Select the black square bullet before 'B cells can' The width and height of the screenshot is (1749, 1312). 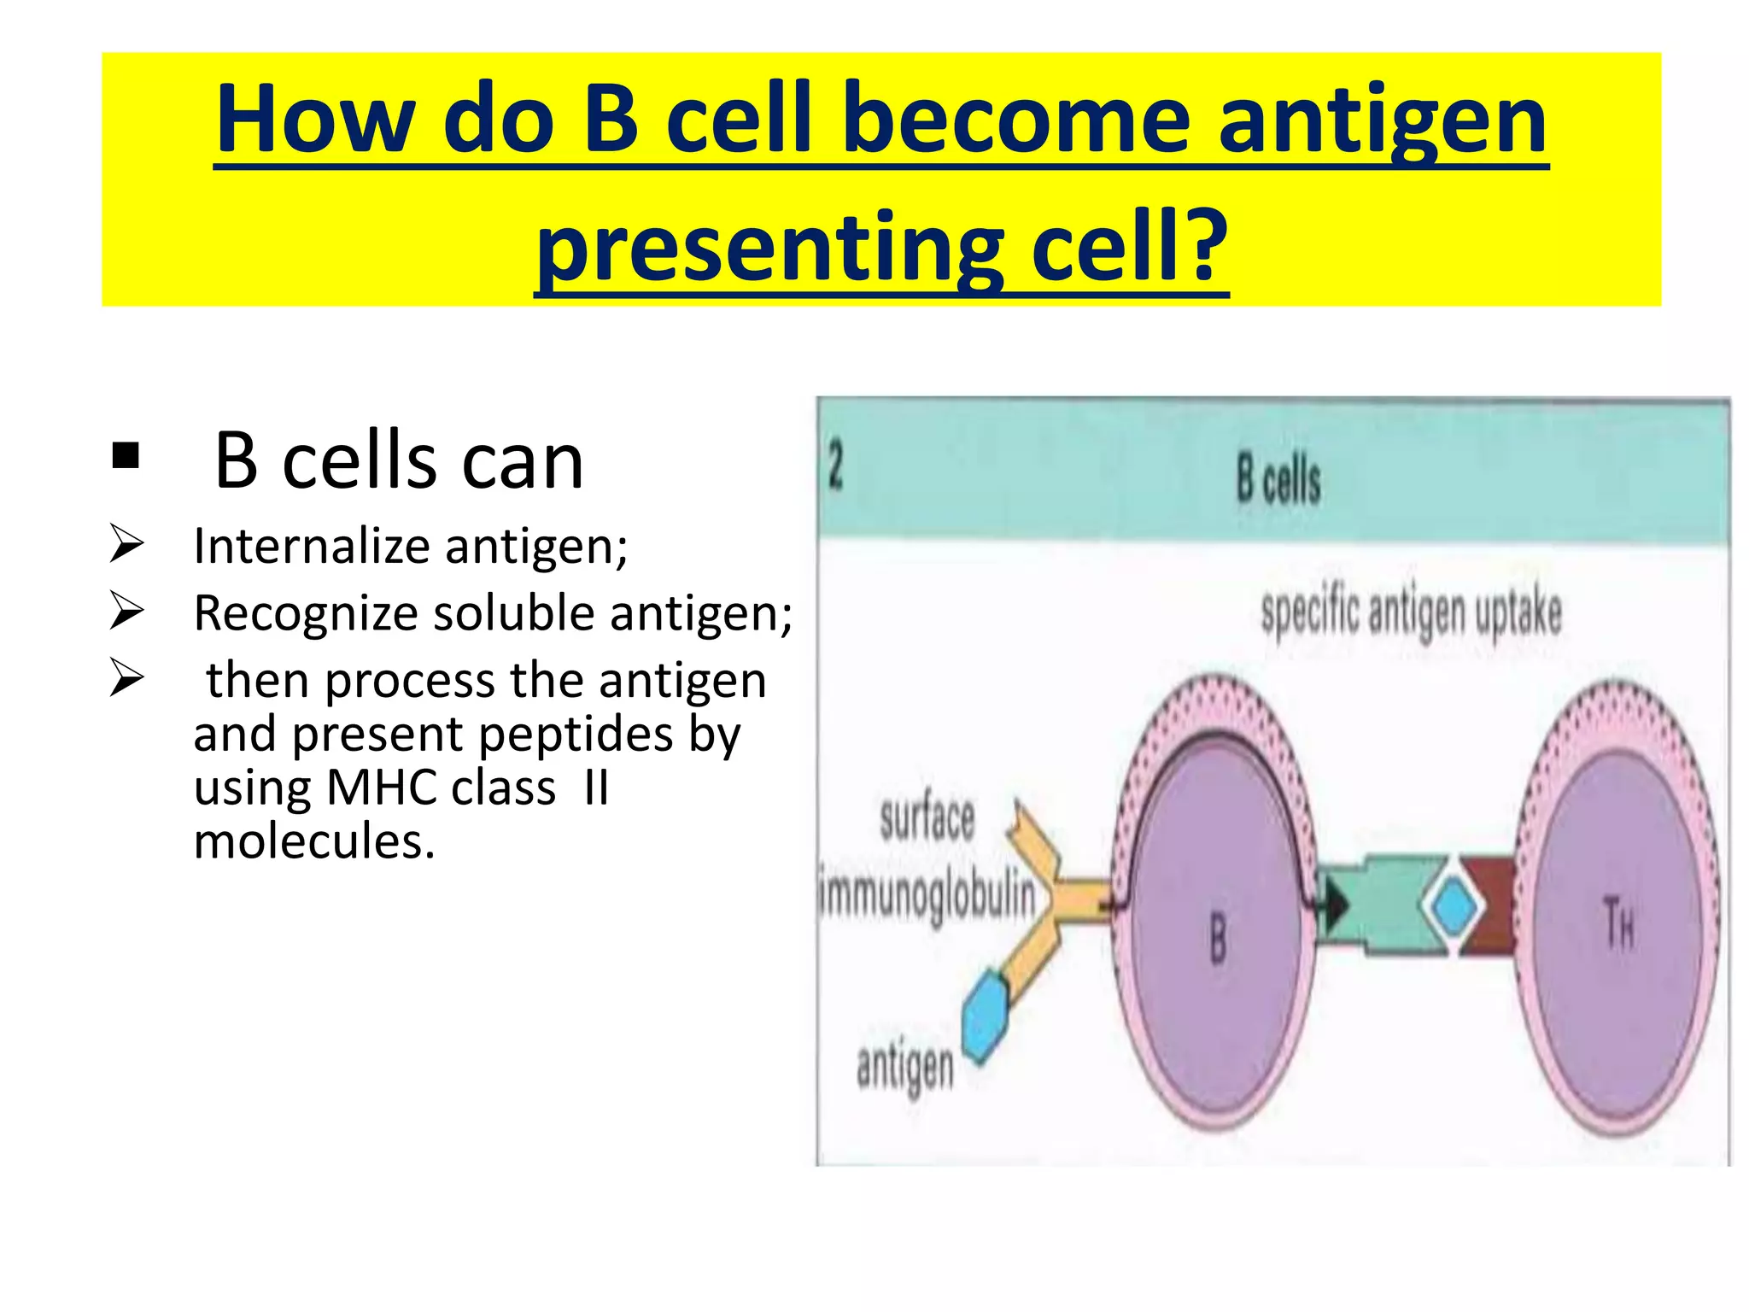click(126, 456)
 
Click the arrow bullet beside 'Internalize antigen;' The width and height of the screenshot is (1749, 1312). click(126, 545)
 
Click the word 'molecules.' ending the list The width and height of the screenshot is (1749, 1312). click(314, 841)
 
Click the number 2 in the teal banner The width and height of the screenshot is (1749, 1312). click(836, 467)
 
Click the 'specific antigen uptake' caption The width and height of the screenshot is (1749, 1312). click(1411, 612)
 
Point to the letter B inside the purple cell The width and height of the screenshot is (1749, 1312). click(1218, 937)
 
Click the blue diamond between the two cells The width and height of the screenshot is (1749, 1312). click(1449, 905)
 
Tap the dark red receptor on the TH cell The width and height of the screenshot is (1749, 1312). click(1491, 905)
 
